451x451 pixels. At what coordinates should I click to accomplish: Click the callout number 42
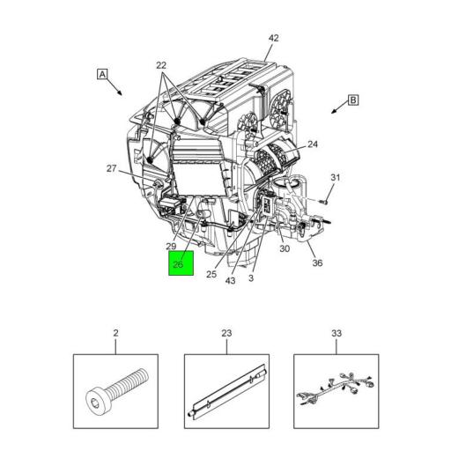point(273,38)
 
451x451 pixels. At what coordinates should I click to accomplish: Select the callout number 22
point(161,66)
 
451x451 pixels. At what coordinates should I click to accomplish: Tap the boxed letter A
point(102,75)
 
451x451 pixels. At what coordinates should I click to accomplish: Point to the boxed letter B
point(353,100)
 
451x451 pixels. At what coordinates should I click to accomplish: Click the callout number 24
point(312,144)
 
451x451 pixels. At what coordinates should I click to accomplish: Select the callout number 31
point(335,180)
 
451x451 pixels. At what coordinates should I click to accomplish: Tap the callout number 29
point(172,248)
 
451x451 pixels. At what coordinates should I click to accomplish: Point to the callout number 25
point(211,274)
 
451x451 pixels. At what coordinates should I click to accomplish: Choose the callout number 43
point(230,281)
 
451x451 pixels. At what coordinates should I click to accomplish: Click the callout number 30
point(285,249)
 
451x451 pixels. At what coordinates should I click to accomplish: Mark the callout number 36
point(317,262)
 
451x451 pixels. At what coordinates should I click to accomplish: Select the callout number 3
point(251,278)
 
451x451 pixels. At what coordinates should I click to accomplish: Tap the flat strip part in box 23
point(225,391)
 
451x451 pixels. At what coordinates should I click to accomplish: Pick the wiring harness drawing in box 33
point(336,391)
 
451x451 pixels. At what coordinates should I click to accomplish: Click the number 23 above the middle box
point(225,334)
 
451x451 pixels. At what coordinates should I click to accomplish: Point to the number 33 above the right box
point(336,334)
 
